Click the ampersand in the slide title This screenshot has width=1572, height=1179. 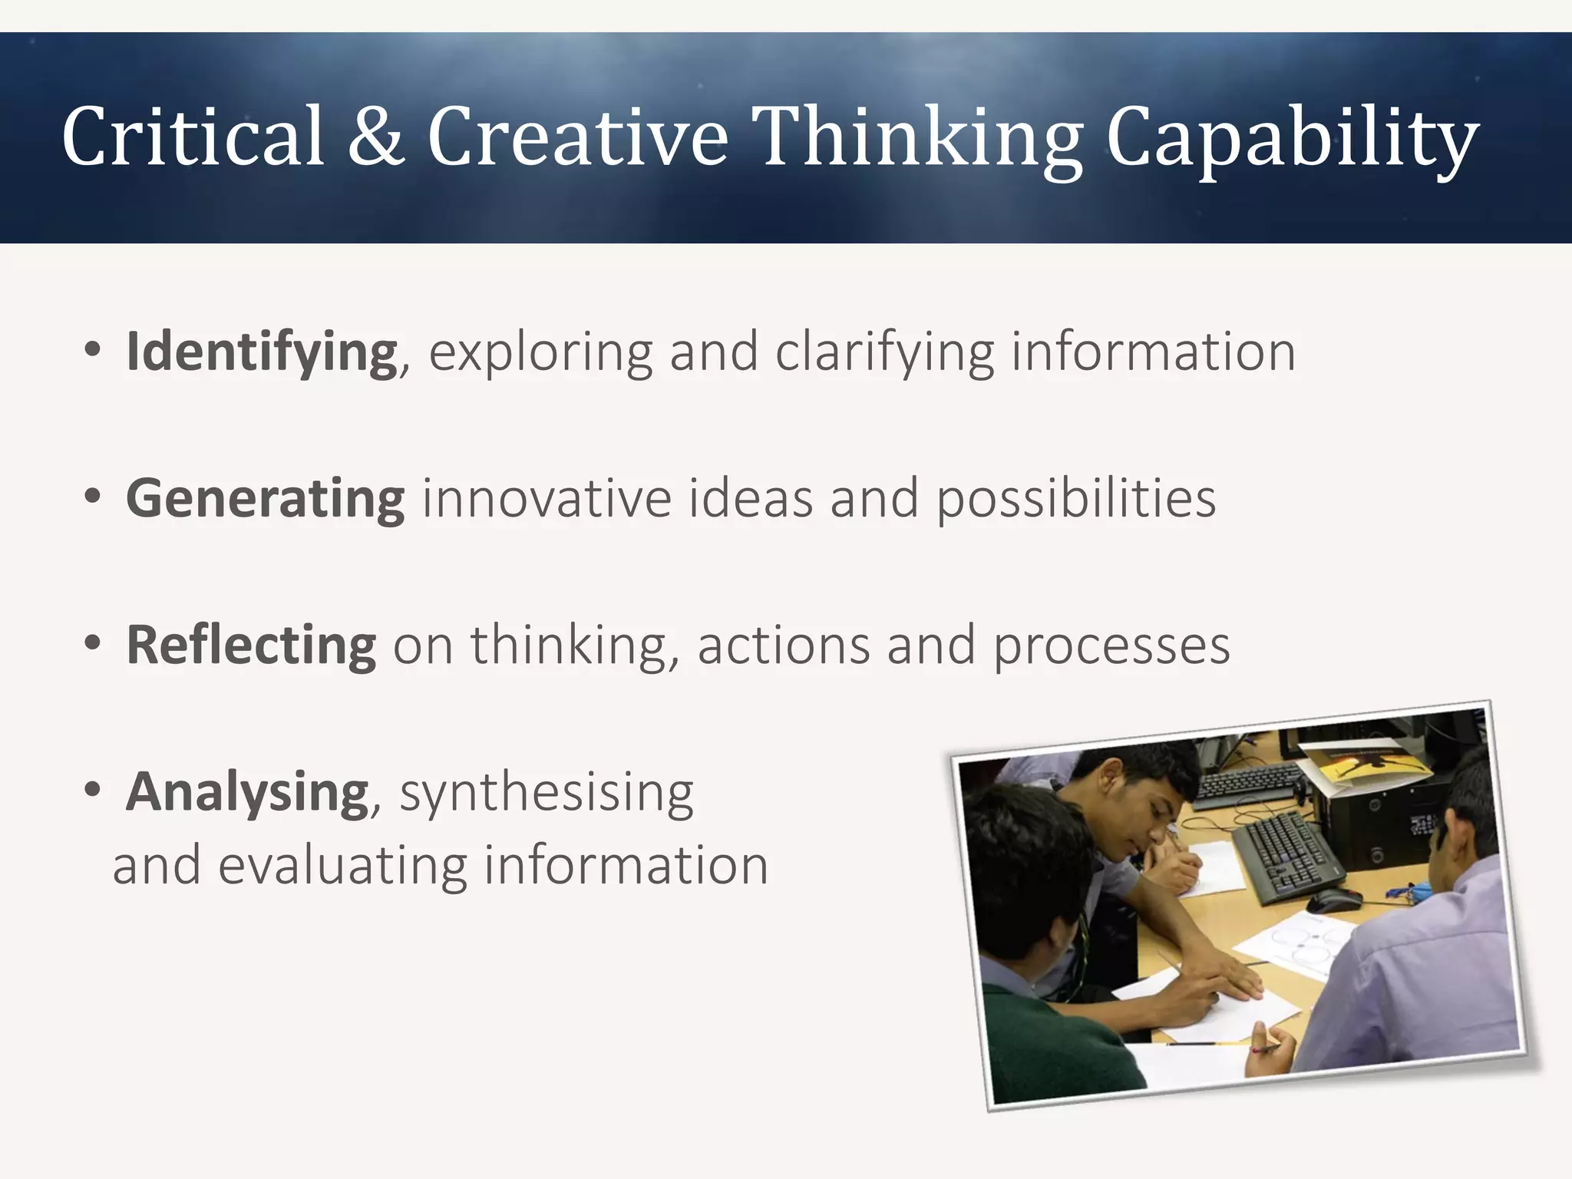pos(375,137)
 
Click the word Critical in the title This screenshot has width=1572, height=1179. pos(193,137)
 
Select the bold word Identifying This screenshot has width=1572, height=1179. pos(262,352)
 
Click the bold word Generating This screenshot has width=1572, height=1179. pos(265,500)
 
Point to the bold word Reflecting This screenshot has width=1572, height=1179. pos(251,646)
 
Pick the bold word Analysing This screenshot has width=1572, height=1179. pos(247,793)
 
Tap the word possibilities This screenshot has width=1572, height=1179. pos(1075,500)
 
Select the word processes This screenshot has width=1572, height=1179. pos(1111,647)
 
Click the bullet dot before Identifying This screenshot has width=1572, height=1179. pos(93,350)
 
